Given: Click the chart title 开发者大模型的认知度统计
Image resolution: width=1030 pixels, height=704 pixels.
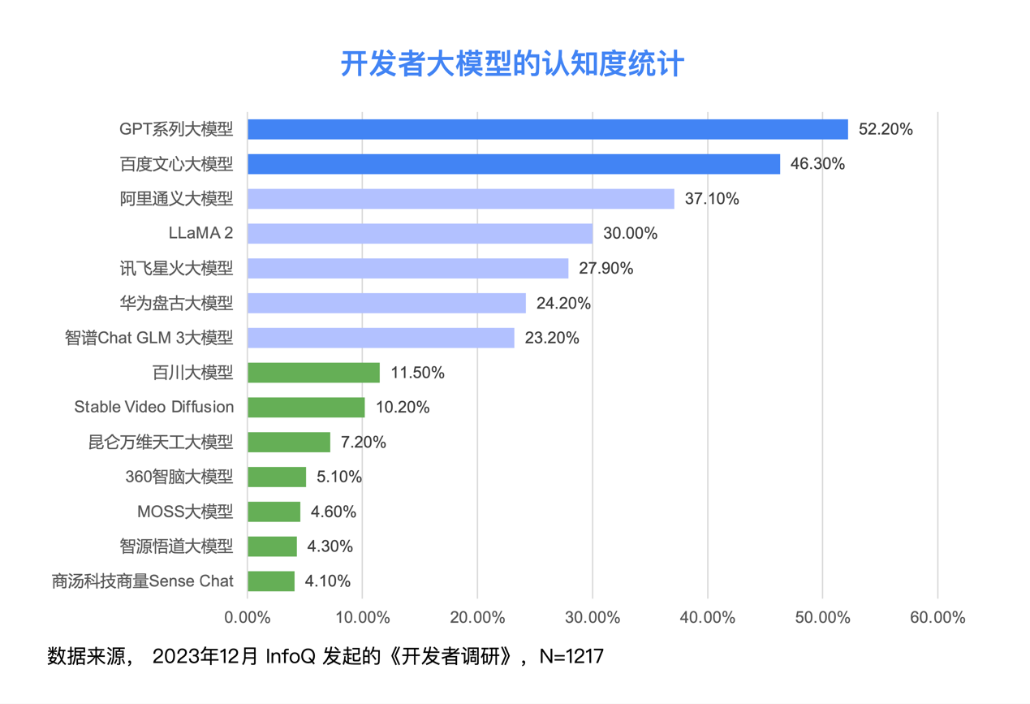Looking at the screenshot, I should coord(512,64).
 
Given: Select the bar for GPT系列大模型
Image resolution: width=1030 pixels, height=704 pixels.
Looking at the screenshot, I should coord(547,129).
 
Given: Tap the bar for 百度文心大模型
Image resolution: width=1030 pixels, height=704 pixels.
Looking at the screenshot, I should coord(513,164).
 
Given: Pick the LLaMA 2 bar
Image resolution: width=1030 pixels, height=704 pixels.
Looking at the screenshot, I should coord(420,234).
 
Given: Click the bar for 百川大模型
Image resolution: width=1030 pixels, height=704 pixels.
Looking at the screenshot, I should coord(313,373).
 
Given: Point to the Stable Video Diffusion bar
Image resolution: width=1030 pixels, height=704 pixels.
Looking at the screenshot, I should coord(306,408).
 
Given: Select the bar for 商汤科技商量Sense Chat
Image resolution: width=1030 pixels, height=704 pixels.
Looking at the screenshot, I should coord(271,581).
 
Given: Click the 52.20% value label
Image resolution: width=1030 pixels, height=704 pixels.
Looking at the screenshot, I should coord(886,129).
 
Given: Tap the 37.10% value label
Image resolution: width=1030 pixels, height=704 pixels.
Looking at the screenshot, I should coord(712,199).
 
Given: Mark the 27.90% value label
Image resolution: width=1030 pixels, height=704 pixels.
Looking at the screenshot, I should coord(606,269).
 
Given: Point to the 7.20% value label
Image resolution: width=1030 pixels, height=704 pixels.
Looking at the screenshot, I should coord(363,443).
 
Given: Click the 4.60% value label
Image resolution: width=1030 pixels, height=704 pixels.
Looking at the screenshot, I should coord(333,512).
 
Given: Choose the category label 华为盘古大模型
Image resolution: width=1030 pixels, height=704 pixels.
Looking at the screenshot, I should coord(175,304).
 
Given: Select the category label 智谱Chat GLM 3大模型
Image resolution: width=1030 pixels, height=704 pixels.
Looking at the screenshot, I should coord(149,339).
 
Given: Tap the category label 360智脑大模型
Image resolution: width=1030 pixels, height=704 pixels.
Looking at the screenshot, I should coord(179,477).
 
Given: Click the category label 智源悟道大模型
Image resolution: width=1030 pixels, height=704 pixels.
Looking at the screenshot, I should coord(175,546).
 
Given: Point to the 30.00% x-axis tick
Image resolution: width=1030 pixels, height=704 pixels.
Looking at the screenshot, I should coord(593,618).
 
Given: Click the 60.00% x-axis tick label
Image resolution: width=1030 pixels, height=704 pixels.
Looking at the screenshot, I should coord(937,618).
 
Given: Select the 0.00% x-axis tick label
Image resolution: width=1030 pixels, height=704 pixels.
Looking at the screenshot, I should coord(247,618).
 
